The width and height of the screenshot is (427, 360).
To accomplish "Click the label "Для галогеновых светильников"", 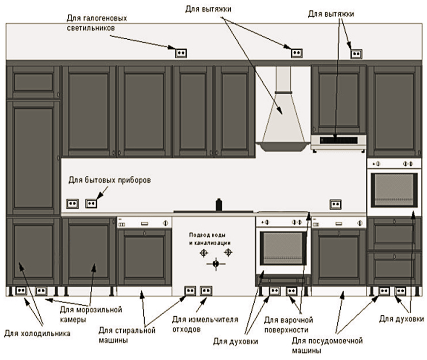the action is pyautogui.click(x=97, y=23).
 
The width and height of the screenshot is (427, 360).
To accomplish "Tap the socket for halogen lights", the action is pyautogui.click(x=181, y=52).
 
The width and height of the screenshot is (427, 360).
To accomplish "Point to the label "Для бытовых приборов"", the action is pyautogui.click(x=109, y=180).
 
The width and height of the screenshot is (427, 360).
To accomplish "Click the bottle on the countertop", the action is pyautogui.click(x=219, y=205).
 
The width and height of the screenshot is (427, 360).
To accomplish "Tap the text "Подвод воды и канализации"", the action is pyautogui.click(x=210, y=239).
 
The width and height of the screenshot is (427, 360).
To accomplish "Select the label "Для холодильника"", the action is pyautogui.click(x=37, y=333).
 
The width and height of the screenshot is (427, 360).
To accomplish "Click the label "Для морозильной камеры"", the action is pyautogui.click(x=91, y=314).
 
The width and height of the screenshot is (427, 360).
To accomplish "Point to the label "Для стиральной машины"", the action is pyautogui.click(x=127, y=335).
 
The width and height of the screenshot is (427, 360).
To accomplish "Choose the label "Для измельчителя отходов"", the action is pyautogui.click(x=205, y=324).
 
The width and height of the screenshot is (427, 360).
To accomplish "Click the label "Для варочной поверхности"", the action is pyautogui.click(x=289, y=325).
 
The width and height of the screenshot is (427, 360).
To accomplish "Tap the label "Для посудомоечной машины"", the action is pyautogui.click(x=327, y=345).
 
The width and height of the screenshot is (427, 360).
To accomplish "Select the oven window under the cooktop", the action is pyautogui.click(x=283, y=248).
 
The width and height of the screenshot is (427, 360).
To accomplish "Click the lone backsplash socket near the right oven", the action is pyautogui.click(x=335, y=204).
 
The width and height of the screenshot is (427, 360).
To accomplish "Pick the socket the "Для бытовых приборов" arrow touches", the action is pyautogui.click(x=91, y=203).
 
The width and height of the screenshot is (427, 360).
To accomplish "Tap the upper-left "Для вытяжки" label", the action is pyautogui.click(x=208, y=9).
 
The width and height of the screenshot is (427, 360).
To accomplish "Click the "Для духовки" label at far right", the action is pyautogui.click(x=401, y=319).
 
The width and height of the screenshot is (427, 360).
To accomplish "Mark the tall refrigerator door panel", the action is pyautogui.click(x=33, y=158).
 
